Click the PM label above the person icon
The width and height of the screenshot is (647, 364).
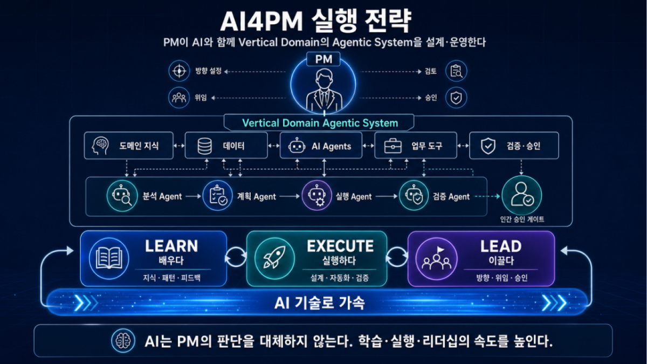tap(323, 59)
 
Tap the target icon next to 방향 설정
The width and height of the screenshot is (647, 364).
tap(179, 71)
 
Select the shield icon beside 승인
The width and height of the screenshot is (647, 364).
tap(456, 98)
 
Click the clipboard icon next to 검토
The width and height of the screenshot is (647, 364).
tap(456, 71)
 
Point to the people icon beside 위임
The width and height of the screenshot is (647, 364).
tap(179, 98)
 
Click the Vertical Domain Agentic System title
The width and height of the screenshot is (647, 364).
tap(320, 123)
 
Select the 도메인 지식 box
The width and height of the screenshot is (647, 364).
tap(129, 146)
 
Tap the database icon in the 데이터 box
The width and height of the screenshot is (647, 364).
tap(204, 146)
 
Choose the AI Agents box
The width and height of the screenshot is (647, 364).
tap(321, 146)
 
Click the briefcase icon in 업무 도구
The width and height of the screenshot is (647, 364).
tap(393, 146)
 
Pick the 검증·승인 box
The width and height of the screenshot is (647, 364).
tap(514, 146)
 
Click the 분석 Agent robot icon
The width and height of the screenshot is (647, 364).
tap(122, 196)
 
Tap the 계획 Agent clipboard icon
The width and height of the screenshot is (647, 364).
tap(218, 196)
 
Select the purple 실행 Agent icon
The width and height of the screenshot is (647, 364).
tap(317, 196)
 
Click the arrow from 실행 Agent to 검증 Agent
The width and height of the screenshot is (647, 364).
tap(387, 196)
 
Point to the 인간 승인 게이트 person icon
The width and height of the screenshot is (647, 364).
tap(522, 195)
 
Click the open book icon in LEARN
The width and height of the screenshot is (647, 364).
tap(109, 258)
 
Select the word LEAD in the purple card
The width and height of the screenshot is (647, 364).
tap(501, 246)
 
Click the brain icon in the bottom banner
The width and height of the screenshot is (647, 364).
tap(123, 341)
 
